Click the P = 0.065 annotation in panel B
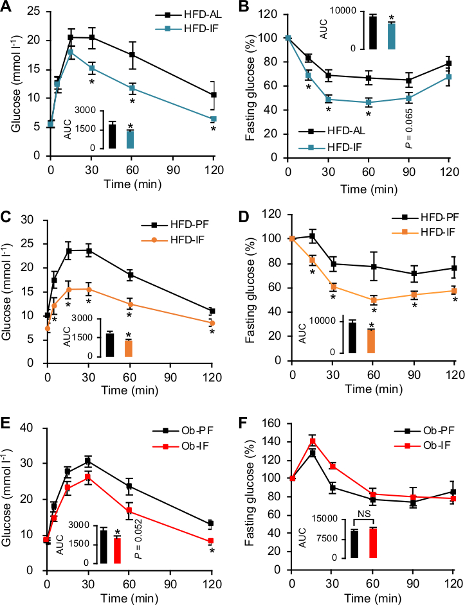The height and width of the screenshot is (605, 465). tap(408, 127)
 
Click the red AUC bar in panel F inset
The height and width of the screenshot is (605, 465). tap(374, 543)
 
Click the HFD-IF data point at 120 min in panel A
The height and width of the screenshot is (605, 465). tap(213, 119)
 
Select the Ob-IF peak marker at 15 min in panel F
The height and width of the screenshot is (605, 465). tap(313, 441)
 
